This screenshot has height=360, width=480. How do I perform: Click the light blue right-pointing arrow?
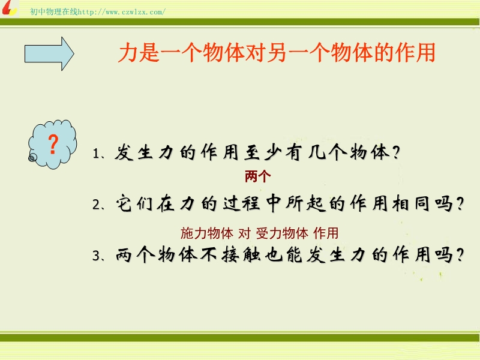(x=49, y=54)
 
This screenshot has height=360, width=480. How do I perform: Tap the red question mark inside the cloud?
(x=53, y=144)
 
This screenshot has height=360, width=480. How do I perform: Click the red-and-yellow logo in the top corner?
(x=9, y=8)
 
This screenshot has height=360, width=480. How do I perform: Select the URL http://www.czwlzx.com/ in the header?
(x=122, y=12)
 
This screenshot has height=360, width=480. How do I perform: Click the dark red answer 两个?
(x=258, y=176)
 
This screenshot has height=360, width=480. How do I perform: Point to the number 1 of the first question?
(x=96, y=154)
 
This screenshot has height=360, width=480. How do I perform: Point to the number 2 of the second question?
(x=96, y=205)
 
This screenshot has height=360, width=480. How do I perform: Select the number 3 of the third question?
(x=96, y=256)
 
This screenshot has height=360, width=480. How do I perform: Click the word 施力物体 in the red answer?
(x=207, y=233)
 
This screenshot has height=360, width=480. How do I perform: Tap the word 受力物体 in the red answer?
(x=282, y=233)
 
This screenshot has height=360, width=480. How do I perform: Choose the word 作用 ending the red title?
(x=415, y=52)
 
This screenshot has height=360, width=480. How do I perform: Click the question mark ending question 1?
(x=396, y=152)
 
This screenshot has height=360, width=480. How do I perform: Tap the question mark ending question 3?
(x=460, y=254)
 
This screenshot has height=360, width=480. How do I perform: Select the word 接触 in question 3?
(x=241, y=254)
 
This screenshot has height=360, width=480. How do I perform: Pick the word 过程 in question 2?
(x=241, y=203)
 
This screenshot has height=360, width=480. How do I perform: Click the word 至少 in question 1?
(x=263, y=152)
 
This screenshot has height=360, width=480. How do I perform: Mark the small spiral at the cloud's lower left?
(x=32, y=158)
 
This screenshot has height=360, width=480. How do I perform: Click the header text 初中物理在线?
(x=54, y=12)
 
